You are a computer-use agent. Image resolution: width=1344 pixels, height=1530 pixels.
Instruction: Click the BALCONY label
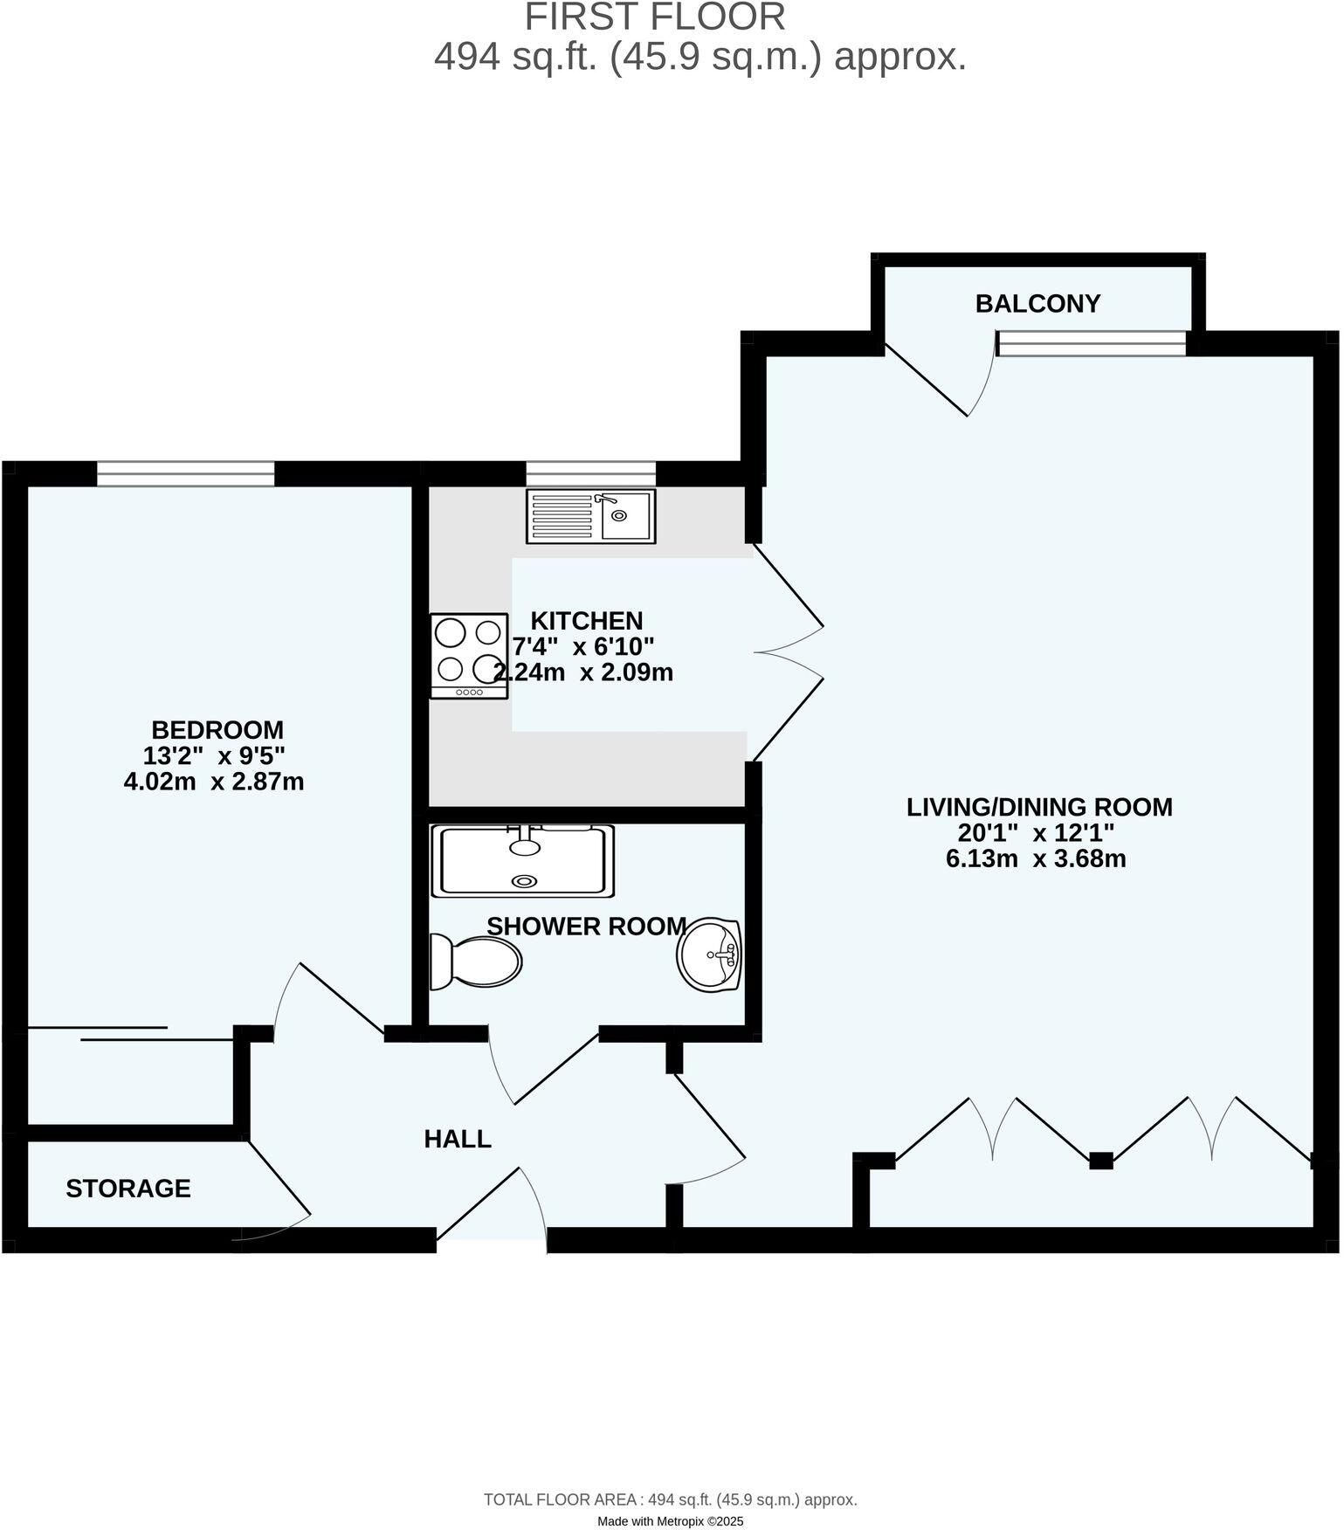1037,304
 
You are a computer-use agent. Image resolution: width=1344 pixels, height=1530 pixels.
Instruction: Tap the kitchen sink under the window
590,516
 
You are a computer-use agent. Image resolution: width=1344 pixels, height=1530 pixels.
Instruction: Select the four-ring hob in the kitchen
469,656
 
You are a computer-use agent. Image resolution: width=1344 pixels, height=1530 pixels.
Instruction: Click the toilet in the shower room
476,961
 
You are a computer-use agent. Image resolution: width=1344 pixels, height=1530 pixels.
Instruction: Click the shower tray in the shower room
522,860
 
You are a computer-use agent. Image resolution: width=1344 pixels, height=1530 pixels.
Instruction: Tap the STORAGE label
128,1189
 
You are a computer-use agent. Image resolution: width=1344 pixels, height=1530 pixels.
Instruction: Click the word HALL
458,1139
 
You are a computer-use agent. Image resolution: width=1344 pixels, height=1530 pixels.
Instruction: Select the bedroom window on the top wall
185,473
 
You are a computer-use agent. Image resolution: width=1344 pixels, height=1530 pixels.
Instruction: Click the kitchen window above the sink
590,473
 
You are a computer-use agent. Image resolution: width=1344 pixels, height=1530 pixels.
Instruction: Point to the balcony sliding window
1092,343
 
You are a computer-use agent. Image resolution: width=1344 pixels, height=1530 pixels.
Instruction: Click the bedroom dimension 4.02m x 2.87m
214,782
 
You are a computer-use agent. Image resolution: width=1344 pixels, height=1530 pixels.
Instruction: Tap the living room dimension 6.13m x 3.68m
1036,858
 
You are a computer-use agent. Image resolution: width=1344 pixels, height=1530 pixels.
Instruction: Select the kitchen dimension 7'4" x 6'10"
583,647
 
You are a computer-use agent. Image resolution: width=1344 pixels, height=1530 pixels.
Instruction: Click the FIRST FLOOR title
655,17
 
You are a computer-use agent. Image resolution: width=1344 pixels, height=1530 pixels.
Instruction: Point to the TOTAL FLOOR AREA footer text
671,1500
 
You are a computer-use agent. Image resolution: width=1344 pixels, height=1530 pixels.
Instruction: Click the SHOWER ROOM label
586,927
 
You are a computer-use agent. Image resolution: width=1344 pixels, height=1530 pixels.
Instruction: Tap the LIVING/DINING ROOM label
1039,807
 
